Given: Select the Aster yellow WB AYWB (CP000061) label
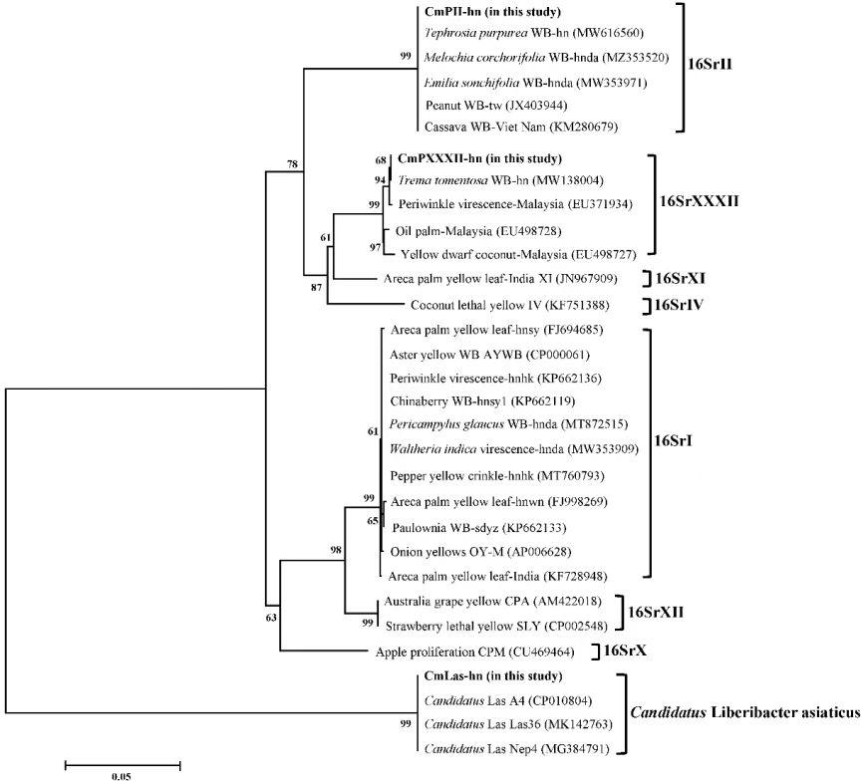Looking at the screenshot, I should tap(483, 354).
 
